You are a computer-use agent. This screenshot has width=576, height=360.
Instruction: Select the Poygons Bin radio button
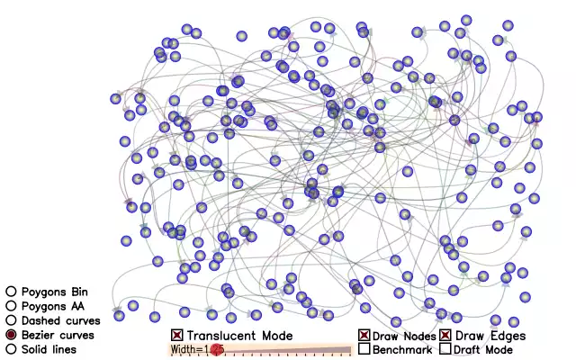click(11, 292)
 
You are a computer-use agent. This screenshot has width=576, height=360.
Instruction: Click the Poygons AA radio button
click(11, 306)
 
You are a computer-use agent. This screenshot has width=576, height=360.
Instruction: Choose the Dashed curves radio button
click(11, 320)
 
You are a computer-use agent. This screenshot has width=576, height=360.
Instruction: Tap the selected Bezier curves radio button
click(11, 335)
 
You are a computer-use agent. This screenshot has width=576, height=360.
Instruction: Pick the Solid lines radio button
click(11, 349)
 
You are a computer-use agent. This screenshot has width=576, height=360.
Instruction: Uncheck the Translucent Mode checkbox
click(177, 335)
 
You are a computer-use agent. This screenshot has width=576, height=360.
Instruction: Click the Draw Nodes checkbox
click(364, 335)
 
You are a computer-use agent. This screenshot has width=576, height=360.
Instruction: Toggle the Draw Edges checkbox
click(445, 335)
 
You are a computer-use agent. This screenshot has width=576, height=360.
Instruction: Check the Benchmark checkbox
click(364, 348)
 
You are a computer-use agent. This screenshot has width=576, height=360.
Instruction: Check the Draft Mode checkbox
click(445, 348)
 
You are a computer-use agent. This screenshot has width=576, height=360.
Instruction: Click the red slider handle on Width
click(217, 350)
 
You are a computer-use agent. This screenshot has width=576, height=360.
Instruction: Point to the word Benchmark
click(402, 349)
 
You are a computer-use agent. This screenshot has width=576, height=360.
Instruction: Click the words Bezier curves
click(58, 335)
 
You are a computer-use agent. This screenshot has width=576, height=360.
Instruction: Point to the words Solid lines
click(49, 349)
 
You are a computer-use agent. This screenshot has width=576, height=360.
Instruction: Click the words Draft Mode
click(483, 349)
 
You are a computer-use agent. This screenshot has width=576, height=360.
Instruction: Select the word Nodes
click(420, 336)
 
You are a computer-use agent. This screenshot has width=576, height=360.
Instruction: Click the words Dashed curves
click(60, 320)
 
